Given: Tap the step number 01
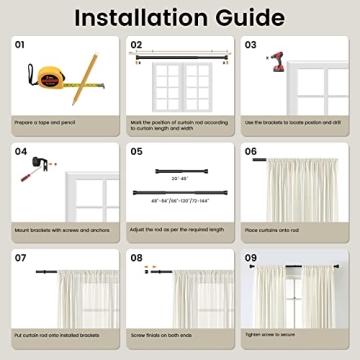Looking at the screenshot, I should pos(20,44).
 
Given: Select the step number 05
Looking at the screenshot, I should pos(137,151).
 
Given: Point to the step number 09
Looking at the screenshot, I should pos(251,257).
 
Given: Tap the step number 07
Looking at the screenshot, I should pos(20,257).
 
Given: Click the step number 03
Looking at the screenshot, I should pos(251,44).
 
